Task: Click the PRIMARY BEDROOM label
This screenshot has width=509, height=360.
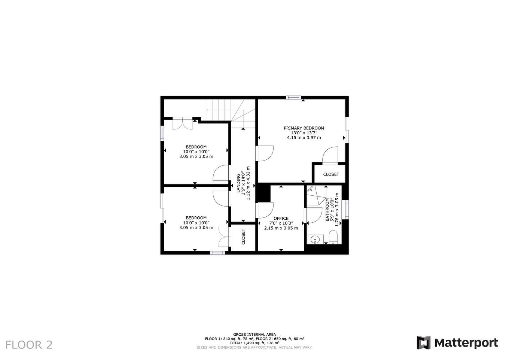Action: [304, 128]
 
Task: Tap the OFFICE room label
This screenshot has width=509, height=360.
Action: [281, 219]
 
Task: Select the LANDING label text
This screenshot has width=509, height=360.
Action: [238, 183]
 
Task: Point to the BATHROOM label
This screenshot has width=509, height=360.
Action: [327, 210]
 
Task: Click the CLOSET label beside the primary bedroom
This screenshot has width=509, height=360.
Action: [331, 174]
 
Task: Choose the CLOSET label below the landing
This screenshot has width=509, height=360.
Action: [243, 237]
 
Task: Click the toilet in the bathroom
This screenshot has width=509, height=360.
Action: [333, 237]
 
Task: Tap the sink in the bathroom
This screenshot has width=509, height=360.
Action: [316, 240]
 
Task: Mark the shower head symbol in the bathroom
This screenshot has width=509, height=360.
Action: [310, 188]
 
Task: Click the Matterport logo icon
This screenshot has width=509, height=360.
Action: [424, 342]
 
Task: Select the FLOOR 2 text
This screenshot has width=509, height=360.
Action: [29, 345]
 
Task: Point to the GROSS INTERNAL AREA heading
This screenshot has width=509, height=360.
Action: [254, 334]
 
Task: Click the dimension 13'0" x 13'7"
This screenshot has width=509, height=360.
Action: [304, 133]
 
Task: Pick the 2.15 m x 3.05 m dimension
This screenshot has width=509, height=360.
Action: [281, 228]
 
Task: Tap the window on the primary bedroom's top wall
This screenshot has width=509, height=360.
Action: [293, 98]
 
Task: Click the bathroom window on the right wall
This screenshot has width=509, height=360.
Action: [347, 210]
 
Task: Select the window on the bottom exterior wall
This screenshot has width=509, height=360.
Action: [217, 253]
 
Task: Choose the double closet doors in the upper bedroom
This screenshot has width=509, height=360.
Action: [183, 123]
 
